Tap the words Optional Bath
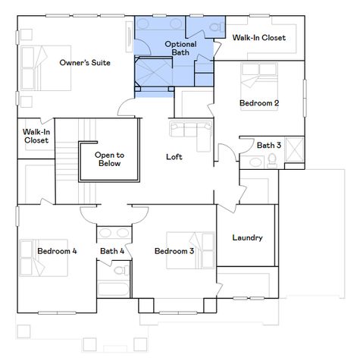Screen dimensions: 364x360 180,49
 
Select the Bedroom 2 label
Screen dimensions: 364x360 259,102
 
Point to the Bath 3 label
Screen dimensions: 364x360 268,145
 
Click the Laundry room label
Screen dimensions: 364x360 247,237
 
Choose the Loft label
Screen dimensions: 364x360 174,157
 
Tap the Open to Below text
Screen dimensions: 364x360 109,158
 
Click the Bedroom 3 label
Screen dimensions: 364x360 174,251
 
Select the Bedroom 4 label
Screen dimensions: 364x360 57,251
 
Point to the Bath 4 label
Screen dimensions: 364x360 112,251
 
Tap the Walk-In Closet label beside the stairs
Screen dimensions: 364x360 36,136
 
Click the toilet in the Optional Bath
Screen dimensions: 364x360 215,28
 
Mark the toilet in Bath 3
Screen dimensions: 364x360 270,159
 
